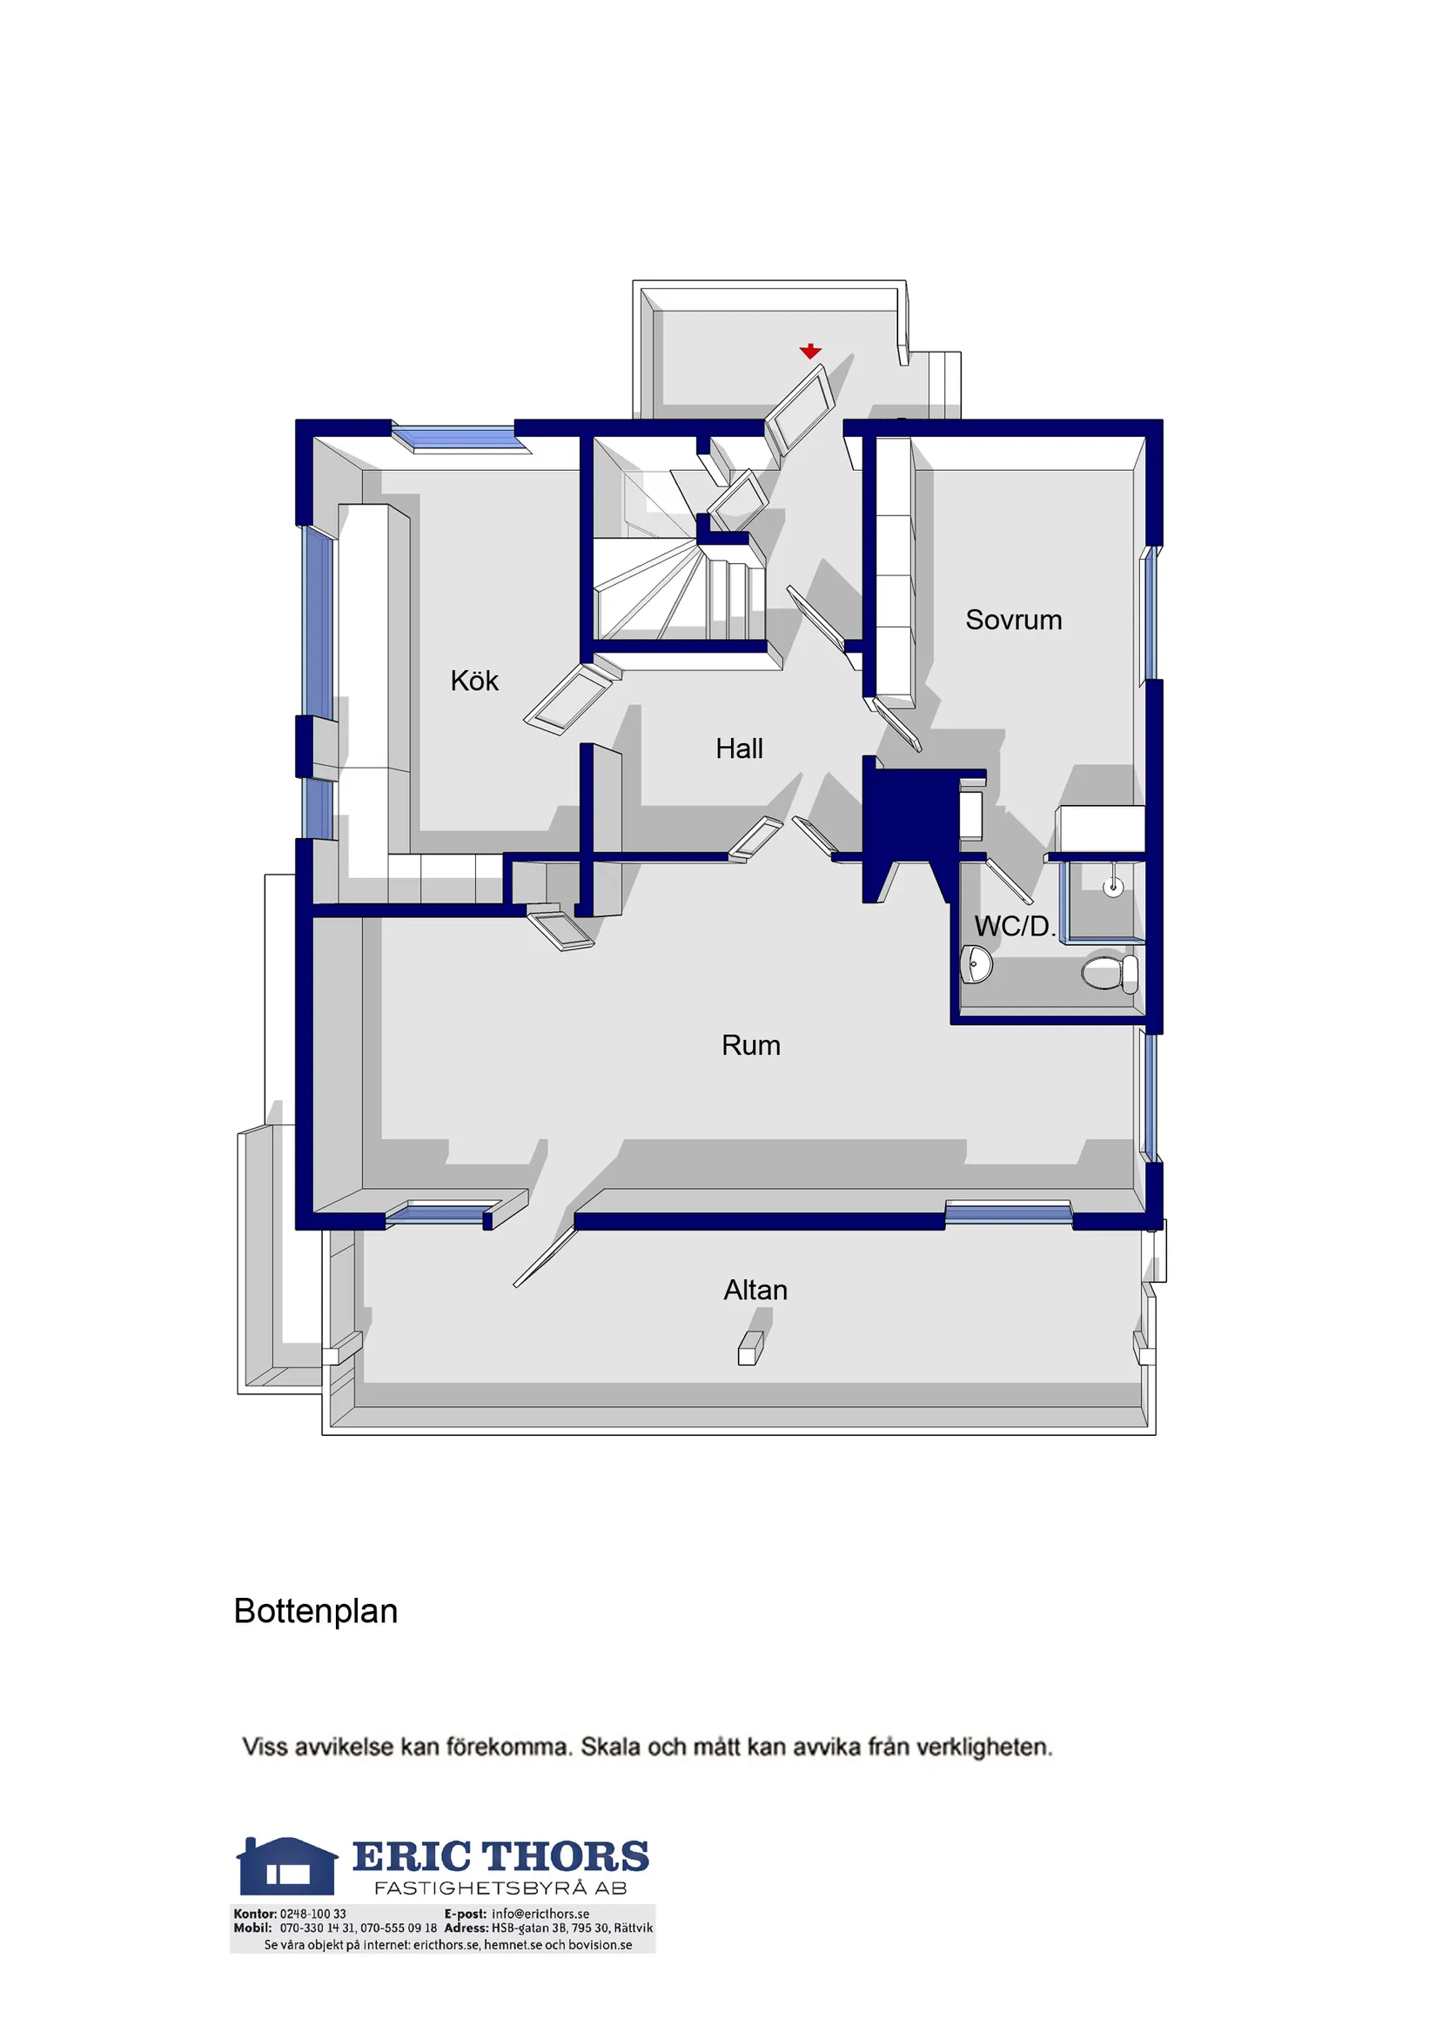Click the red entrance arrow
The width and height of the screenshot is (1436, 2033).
pyautogui.click(x=810, y=352)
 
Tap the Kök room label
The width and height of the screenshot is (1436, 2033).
pyautogui.click(x=474, y=680)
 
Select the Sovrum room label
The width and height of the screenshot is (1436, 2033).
pyautogui.click(x=1014, y=620)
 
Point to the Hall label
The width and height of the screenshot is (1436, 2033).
pyautogui.click(x=739, y=748)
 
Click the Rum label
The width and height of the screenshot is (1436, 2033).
pyautogui.click(x=751, y=1045)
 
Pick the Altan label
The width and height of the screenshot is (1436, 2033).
pyautogui.click(x=755, y=1290)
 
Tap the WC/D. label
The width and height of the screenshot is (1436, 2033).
pyautogui.click(x=1015, y=926)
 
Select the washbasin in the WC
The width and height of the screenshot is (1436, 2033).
pyautogui.click(x=976, y=963)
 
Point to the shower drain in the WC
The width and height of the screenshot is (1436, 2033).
pyautogui.click(x=1113, y=886)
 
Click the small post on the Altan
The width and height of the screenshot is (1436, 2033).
pyautogui.click(x=750, y=1349)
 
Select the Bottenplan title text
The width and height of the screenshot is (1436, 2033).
pyautogui.click(x=315, y=1612)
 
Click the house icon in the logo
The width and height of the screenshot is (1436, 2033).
pyautogui.click(x=287, y=1867)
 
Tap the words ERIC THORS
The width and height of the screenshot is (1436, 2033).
pyautogui.click(x=501, y=1857)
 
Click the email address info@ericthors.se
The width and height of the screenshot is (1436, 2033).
pyautogui.click(x=540, y=1914)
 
